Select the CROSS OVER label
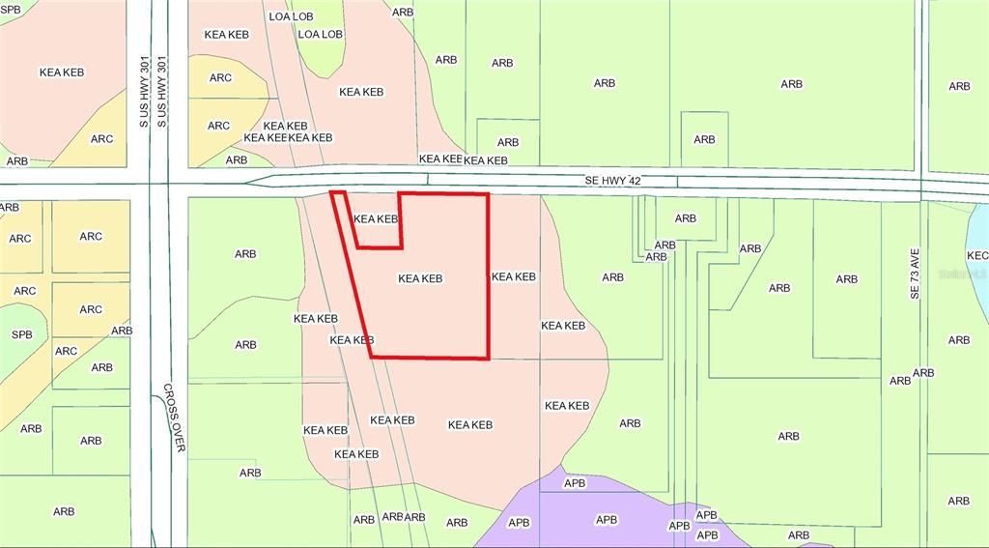[x=173, y=418]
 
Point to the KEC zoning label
[x=977, y=255]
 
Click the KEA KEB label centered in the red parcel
[x=420, y=278]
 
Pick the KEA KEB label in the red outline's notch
[x=376, y=219]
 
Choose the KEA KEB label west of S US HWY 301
[x=62, y=72]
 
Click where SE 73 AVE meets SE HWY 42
[x=922, y=186]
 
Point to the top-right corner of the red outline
[x=488, y=194]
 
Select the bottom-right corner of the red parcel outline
[x=489, y=359]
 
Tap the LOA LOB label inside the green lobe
[x=321, y=34]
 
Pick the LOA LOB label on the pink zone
[x=291, y=16]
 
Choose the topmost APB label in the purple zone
[x=575, y=482]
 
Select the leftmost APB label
[x=519, y=523]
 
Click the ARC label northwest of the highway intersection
[x=101, y=139]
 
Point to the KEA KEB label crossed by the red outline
[x=352, y=340]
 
